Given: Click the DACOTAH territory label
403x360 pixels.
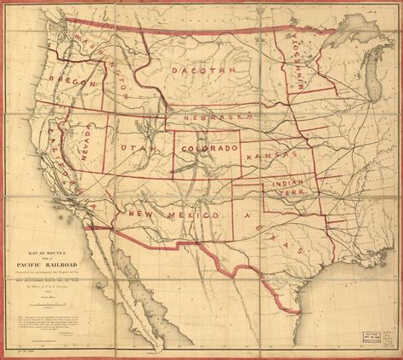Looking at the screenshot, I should point(203,71).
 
